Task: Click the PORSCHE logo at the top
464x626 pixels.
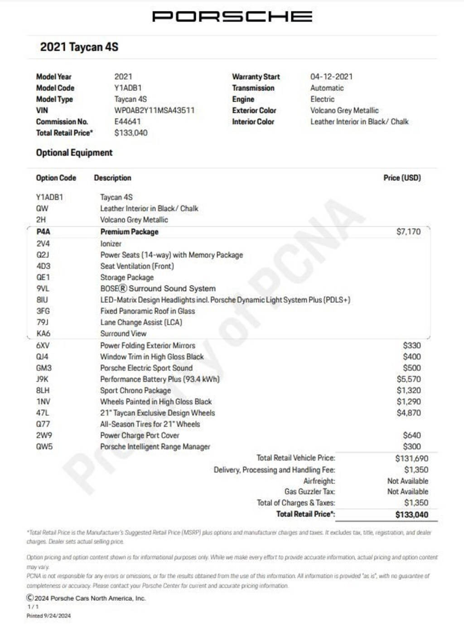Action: (x=232, y=17)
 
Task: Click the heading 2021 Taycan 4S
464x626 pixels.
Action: (x=79, y=47)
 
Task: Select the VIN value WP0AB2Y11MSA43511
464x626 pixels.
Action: (x=154, y=110)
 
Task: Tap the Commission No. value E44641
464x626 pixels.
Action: (x=127, y=121)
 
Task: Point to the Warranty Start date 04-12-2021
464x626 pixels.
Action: (x=331, y=77)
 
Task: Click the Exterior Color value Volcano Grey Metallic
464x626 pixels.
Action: (x=344, y=110)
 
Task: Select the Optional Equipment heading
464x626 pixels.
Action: (x=74, y=153)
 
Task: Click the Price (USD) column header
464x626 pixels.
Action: (x=402, y=178)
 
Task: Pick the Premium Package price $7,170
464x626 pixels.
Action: (x=408, y=232)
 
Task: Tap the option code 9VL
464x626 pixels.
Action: (x=43, y=289)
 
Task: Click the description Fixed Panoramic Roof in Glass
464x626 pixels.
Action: (x=147, y=311)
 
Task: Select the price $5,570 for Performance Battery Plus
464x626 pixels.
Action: (x=408, y=379)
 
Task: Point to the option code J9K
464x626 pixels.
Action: (x=42, y=379)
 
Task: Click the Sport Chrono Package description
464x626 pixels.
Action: (x=135, y=390)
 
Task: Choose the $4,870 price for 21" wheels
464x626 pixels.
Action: (x=408, y=413)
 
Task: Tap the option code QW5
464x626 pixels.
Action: (x=44, y=446)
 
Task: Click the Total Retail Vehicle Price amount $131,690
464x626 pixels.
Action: (x=411, y=458)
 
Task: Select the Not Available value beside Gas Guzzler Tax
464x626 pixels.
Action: (x=407, y=491)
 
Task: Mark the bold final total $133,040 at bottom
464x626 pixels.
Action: (x=411, y=514)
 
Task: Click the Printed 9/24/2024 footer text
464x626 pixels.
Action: (x=48, y=616)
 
